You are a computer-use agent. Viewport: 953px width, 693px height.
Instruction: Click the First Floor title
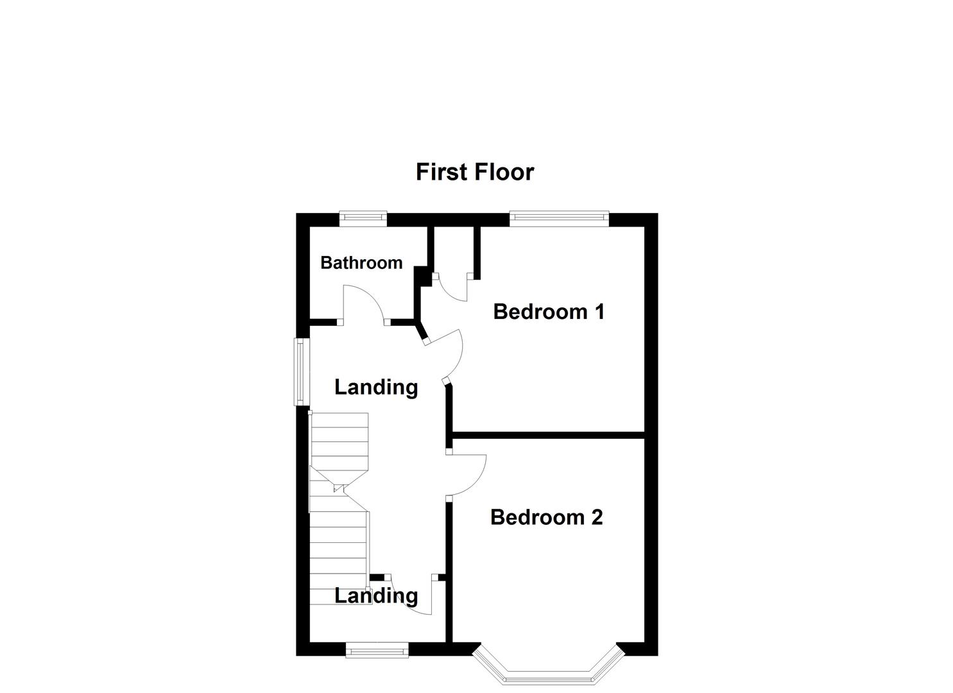pos(474,172)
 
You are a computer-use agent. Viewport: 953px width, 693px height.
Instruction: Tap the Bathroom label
pos(361,262)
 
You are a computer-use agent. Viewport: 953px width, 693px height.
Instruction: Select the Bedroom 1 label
pos(549,312)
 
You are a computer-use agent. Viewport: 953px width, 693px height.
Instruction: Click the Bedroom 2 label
pos(546,517)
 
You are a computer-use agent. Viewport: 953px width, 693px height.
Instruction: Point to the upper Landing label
pos(376,387)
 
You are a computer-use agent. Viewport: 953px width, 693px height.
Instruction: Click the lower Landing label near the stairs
pos(376,595)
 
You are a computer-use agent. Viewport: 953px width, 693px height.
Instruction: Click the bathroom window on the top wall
pos(363,219)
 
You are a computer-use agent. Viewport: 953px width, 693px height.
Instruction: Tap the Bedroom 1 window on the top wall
pos(559,219)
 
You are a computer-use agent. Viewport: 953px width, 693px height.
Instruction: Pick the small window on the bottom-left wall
pos(377,651)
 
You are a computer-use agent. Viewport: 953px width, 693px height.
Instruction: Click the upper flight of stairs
pos(339,443)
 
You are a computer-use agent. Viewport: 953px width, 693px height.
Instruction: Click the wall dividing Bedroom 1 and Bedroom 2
pos(549,435)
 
